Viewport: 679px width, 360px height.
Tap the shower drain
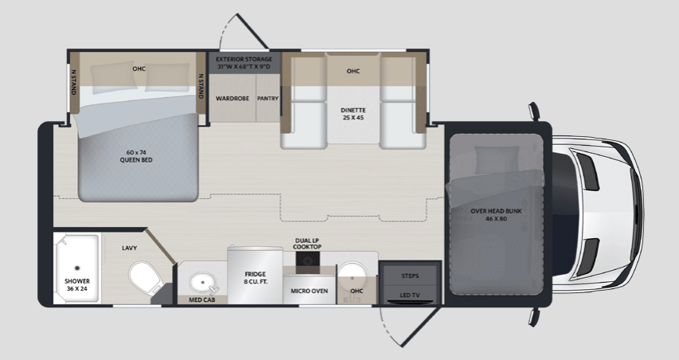pos(77,268)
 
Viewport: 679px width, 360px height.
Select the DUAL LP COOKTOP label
pos(307,244)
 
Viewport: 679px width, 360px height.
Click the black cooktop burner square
pos(308,260)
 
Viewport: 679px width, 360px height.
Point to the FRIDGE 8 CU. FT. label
pos(255,278)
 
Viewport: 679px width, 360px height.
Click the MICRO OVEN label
pos(309,291)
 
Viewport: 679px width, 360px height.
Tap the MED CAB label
pos(202,299)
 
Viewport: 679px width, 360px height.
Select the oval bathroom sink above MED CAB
pos(203,283)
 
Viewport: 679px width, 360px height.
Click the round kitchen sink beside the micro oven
pos(352,275)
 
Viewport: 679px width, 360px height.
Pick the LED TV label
pos(410,295)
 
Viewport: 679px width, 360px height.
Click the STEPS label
pos(410,276)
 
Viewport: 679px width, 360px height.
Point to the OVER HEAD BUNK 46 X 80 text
pos(496,215)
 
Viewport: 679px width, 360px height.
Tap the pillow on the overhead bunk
pos(497,160)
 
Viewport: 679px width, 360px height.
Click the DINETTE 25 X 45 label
pos(353,114)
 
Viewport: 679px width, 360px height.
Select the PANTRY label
pos(267,98)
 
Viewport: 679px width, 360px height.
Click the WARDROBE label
pos(232,98)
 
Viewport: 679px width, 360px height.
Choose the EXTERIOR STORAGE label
pos(244,63)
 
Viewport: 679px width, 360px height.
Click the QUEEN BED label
pos(136,156)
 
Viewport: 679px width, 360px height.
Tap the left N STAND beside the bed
pos(73,83)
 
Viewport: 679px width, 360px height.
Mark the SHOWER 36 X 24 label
pos(77,284)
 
